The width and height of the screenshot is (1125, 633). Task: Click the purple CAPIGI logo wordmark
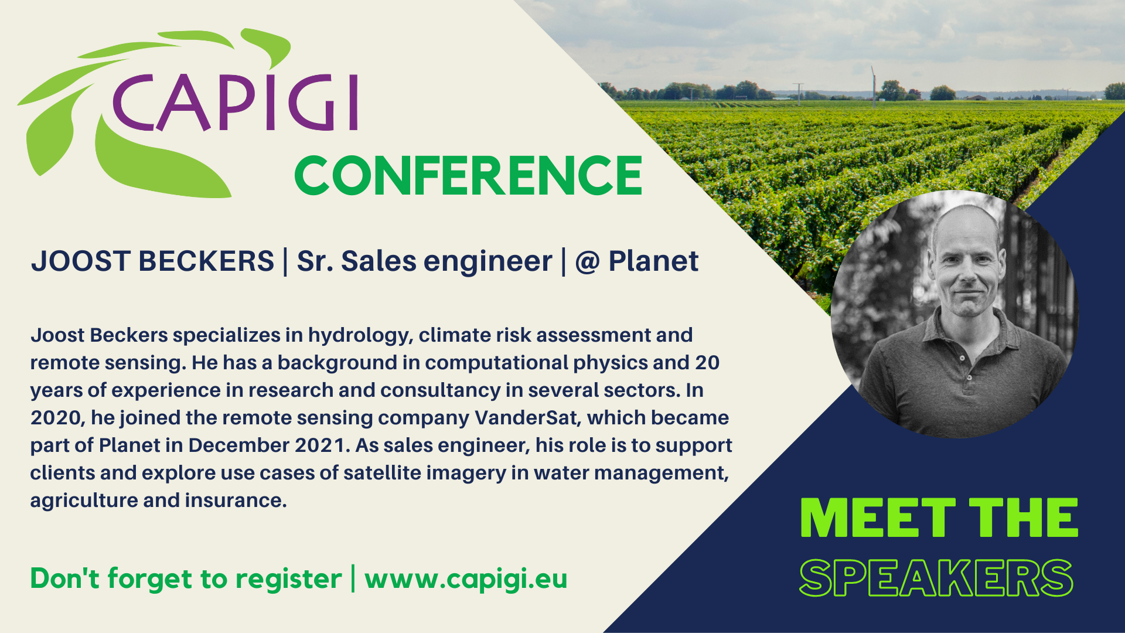235,102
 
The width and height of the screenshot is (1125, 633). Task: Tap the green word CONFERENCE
468,175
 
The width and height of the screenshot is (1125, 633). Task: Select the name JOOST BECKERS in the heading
152,261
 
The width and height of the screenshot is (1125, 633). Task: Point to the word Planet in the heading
653,261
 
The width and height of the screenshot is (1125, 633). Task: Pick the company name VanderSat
527,417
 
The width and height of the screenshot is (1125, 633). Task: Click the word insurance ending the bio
236,501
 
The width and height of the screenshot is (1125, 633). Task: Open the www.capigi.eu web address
466,579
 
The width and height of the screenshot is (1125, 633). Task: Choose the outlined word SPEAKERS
936,578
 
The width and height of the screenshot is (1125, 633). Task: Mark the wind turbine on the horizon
873,86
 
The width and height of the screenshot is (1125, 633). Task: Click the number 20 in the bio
707,363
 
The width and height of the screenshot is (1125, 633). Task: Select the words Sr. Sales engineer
424,261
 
